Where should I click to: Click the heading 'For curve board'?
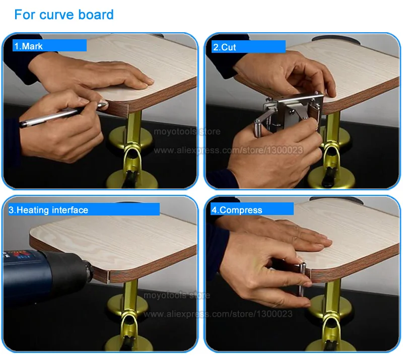coord(64,15)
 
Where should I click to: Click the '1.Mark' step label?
coord(28,46)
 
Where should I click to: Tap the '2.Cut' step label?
coord(224,47)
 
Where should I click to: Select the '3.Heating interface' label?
coord(48,210)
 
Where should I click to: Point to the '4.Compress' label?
coord(237,210)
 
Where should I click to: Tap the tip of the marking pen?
coord(106,104)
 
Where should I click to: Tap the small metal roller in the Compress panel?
coord(302,279)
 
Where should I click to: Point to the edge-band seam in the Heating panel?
coord(109,277)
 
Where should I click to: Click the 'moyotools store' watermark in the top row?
coord(187,131)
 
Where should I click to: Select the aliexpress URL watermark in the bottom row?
coord(218,314)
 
